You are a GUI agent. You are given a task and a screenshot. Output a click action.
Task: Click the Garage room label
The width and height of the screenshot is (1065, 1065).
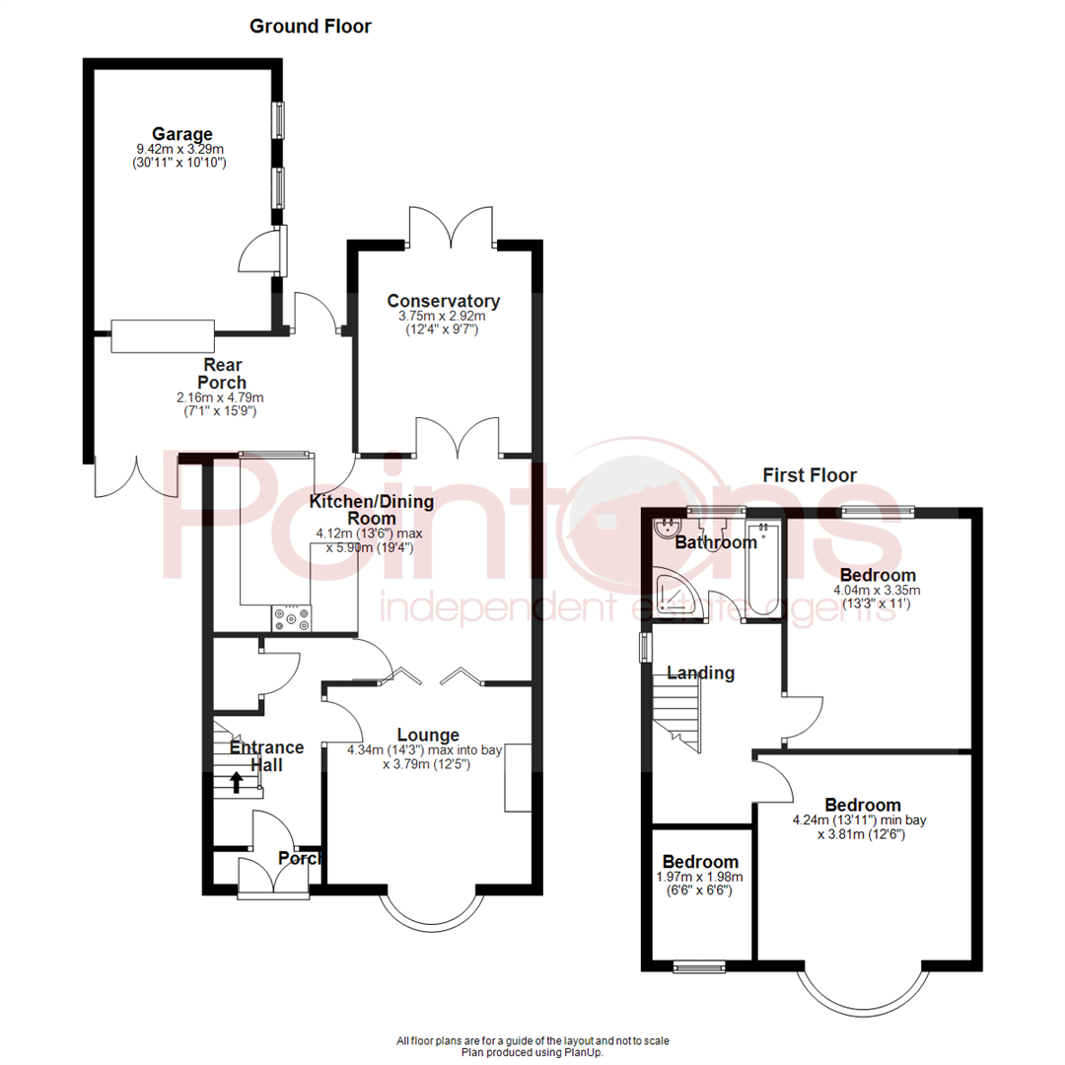181,134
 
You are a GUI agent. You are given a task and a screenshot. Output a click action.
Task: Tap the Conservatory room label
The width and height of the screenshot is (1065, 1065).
443,302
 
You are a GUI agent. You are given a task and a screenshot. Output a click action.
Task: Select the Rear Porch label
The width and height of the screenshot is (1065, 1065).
222,374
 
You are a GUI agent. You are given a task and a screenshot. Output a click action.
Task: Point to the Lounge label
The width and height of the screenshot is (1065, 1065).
428,735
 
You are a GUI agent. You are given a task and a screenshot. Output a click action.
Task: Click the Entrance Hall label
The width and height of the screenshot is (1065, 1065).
266,756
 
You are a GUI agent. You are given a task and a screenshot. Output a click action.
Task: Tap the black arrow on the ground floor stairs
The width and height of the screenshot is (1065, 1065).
237,781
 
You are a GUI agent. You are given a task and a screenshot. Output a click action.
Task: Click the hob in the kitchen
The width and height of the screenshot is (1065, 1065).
293,618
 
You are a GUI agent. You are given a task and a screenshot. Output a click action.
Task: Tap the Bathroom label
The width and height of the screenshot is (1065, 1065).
715,542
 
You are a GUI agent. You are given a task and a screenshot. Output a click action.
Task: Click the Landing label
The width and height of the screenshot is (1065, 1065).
701,674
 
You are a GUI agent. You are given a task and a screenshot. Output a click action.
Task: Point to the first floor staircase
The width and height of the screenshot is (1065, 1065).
677,704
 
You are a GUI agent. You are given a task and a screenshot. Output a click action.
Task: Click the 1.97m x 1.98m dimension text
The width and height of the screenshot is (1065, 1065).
700,877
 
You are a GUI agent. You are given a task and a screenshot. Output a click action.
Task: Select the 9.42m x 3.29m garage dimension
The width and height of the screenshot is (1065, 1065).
181,150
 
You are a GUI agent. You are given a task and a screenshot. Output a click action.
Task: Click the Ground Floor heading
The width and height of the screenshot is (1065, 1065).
311,27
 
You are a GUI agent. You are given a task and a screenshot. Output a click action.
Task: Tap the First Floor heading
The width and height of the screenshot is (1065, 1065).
810,475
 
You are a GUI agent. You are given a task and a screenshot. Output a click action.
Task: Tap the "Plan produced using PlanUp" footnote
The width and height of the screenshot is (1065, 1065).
532,1052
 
